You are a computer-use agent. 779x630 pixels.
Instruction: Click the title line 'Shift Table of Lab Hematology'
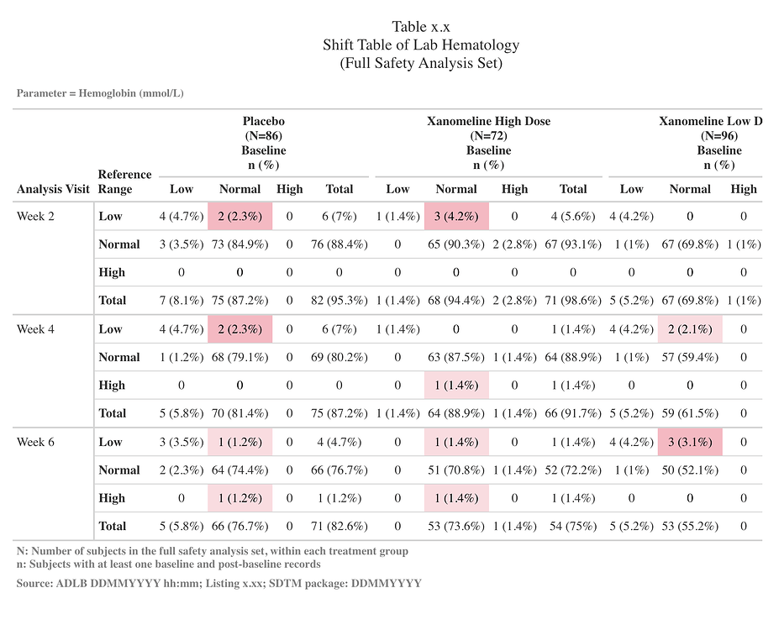click(421, 45)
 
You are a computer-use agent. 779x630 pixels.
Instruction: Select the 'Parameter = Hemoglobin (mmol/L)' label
click(100, 92)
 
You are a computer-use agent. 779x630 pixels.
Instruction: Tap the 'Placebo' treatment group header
click(264, 121)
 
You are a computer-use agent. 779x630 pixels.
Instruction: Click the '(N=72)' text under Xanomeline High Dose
click(488, 135)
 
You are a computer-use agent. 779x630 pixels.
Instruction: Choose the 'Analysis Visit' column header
click(53, 189)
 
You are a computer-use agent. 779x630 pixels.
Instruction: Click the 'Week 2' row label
click(36, 216)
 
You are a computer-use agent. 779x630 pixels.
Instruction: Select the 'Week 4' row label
click(36, 329)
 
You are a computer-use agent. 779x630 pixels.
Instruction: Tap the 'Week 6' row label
click(36, 442)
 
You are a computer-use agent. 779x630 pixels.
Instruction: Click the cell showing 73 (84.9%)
click(239, 244)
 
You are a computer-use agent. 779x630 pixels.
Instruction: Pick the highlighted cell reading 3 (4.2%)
click(456, 216)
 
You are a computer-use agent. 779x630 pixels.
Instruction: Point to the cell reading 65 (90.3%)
click(456, 244)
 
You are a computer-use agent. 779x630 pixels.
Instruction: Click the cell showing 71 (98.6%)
click(573, 301)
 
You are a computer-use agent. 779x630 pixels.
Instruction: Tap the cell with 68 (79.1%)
click(239, 357)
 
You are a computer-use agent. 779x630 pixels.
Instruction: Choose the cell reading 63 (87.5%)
click(456, 357)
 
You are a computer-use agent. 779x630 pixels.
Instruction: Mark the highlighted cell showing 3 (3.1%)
click(690, 442)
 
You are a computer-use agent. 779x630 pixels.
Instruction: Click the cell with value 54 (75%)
click(573, 526)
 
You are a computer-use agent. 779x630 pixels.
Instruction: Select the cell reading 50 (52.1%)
click(690, 470)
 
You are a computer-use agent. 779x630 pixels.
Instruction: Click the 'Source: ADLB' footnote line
click(218, 583)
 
